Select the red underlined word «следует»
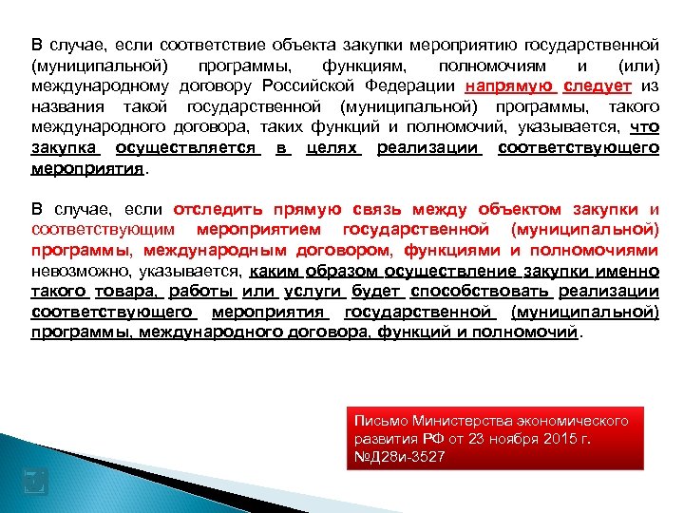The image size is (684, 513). point(597,85)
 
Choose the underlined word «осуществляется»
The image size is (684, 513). point(185,148)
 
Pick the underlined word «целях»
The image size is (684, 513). point(332,148)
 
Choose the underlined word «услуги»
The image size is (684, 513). point(307,291)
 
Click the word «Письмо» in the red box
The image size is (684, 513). point(379,421)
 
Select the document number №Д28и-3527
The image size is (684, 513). point(398,457)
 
